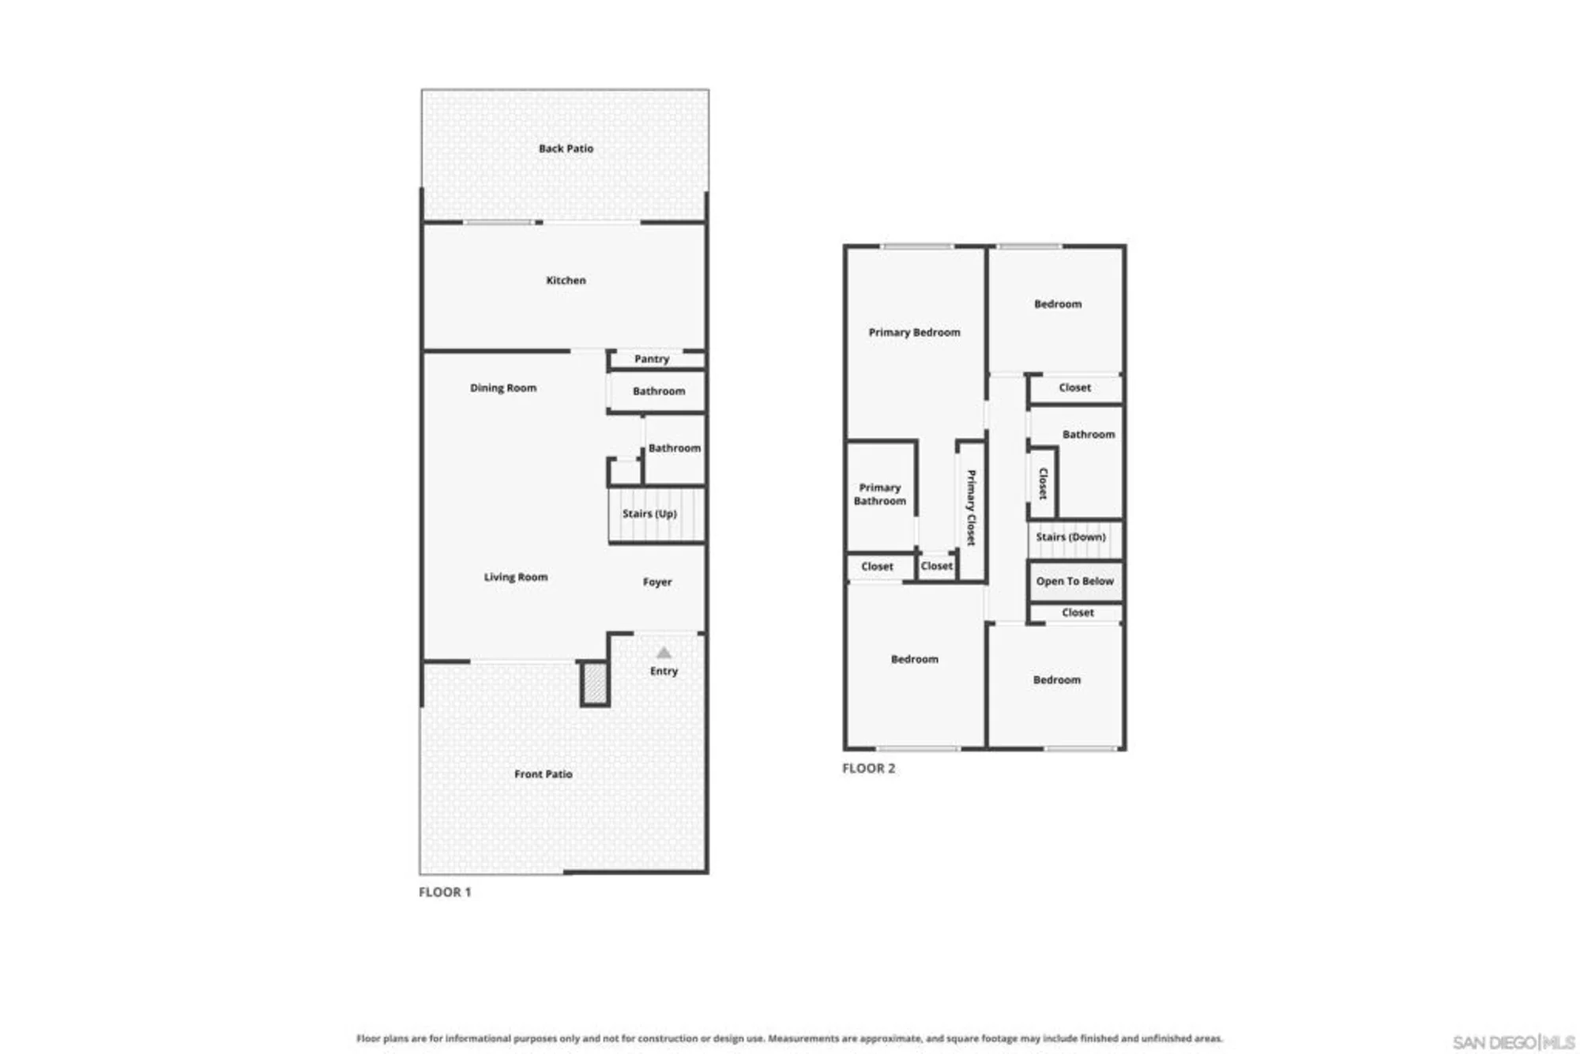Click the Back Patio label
(566, 149)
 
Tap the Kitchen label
(566, 280)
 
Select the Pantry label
(652, 359)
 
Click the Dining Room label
(503, 388)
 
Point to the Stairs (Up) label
(649, 514)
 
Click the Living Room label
(516, 577)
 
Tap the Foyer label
(657, 582)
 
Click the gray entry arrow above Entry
(664, 653)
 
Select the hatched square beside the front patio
(595, 683)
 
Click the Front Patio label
(544, 774)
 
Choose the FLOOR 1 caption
(445, 892)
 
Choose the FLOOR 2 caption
(869, 768)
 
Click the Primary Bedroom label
(915, 333)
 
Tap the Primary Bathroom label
(880, 495)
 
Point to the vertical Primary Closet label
(971, 508)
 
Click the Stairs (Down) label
(1071, 537)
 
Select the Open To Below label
(1075, 582)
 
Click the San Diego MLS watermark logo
(1514, 1043)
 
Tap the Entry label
(664, 671)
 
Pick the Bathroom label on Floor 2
(1089, 435)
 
